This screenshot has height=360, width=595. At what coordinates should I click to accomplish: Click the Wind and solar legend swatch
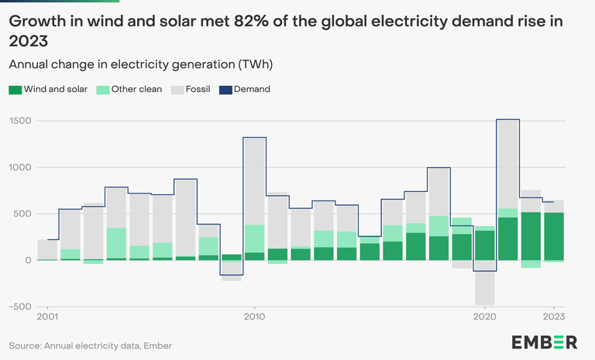pos(15,90)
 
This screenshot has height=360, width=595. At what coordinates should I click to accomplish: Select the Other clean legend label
pos(136,90)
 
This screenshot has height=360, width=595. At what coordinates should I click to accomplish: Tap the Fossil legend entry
pos(198,90)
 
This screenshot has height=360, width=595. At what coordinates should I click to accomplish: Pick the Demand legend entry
pos(253,90)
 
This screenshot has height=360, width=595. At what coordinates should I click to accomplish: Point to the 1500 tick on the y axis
pos(20,121)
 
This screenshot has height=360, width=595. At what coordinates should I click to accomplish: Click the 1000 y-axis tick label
pos(20,167)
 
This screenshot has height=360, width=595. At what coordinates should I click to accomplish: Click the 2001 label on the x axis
pos(48,317)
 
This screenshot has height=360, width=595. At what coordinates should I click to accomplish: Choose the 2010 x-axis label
pos(255,317)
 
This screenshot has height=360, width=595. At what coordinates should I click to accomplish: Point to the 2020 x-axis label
pos(484,317)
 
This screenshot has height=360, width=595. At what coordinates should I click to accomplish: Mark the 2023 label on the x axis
pos(553,317)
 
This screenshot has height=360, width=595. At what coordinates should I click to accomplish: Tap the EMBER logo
pos(544,343)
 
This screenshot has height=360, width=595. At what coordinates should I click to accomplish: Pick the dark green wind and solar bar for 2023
pos(553,236)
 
